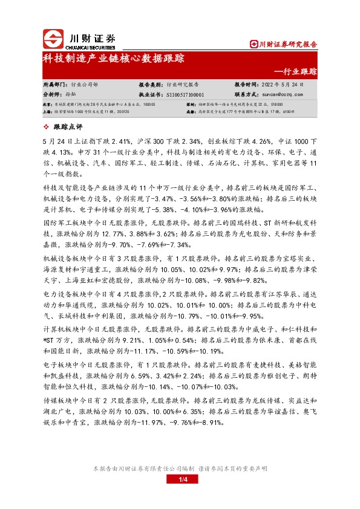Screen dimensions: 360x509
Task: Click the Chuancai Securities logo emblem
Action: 53,39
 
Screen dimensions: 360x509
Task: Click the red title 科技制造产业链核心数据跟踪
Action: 113,59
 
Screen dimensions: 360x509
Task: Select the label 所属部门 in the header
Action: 52,85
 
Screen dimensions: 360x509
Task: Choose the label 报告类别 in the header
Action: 152,85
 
